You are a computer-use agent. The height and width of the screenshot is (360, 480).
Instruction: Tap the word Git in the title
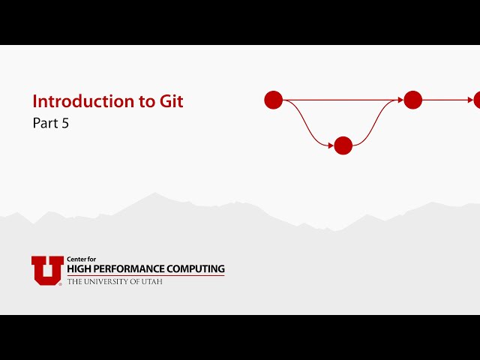click(x=171, y=102)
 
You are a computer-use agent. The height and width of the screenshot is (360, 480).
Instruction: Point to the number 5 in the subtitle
click(x=65, y=124)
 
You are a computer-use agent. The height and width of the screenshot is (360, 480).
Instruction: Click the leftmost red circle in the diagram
click(x=274, y=100)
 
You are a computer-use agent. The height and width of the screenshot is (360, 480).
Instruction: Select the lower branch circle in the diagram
click(x=343, y=145)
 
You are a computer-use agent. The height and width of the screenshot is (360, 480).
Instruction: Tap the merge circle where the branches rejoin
click(x=413, y=100)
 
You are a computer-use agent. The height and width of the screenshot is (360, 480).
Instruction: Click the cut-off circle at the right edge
click(x=477, y=100)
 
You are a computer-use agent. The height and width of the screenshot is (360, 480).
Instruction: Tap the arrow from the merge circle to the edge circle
click(x=446, y=100)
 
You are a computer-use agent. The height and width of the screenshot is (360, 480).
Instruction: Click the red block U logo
click(x=47, y=271)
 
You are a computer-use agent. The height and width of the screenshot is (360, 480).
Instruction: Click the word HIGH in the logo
click(x=80, y=268)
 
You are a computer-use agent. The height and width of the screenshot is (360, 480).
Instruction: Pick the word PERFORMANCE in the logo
click(x=131, y=268)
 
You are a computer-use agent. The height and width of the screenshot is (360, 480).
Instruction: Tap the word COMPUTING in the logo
click(x=196, y=268)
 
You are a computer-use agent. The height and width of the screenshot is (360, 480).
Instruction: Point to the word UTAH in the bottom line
click(x=152, y=281)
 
